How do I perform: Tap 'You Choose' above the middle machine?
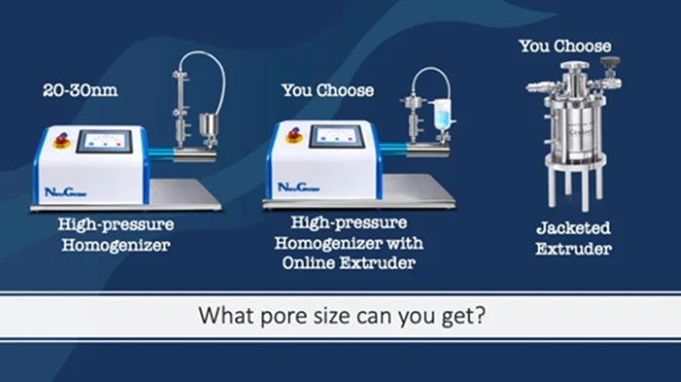tap(327, 90)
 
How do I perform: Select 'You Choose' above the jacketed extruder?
tap(564, 46)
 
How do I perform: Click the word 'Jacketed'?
tap(572, 229)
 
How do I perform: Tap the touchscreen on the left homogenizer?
tap(103, 142)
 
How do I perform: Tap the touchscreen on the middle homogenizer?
tap(336, 136)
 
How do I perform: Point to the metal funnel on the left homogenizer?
tap(206, 124)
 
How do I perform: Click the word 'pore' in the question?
tap(298, 316)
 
